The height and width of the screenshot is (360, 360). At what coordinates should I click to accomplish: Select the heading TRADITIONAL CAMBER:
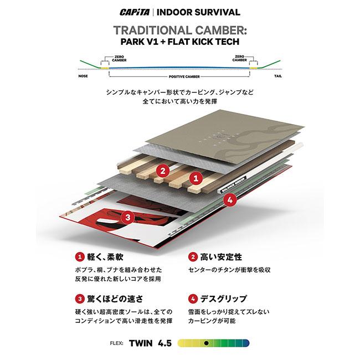179,30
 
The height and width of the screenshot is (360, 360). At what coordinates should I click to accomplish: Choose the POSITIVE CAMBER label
180,78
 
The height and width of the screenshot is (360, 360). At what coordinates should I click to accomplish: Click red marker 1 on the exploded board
195,178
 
